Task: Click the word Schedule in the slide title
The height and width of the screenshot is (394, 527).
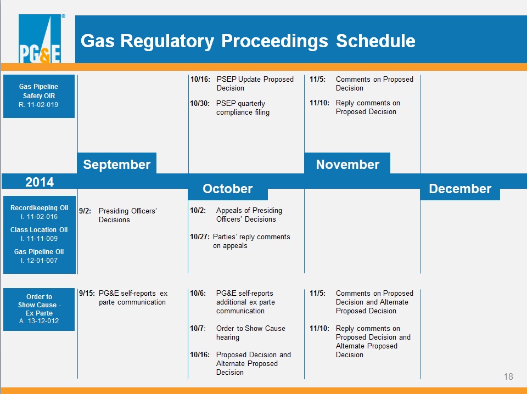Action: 375,41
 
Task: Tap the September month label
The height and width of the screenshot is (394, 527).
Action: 116,164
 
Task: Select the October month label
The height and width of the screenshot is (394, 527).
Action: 227,188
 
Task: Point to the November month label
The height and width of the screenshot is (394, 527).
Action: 347,164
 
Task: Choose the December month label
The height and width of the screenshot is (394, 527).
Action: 460,188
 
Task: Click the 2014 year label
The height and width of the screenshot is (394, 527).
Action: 40,182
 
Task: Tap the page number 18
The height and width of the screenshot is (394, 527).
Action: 508,376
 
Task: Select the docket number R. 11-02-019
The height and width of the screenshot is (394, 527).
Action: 38,104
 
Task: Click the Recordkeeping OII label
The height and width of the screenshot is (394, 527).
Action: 39,207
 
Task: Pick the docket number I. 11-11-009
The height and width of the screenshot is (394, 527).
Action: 39,239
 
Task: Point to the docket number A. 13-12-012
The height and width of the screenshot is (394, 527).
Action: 39,321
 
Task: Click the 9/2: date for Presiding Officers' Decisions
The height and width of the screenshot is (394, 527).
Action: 85,211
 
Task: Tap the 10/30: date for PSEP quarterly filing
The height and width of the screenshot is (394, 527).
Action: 200,104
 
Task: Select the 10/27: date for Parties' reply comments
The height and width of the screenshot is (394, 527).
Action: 200,237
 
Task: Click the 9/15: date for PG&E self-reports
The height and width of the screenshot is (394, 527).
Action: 87,293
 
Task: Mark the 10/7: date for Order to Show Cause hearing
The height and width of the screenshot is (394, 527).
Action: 198,328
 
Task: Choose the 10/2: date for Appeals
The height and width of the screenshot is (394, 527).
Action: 198,210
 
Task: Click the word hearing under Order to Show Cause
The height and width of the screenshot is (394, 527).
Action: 227,337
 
